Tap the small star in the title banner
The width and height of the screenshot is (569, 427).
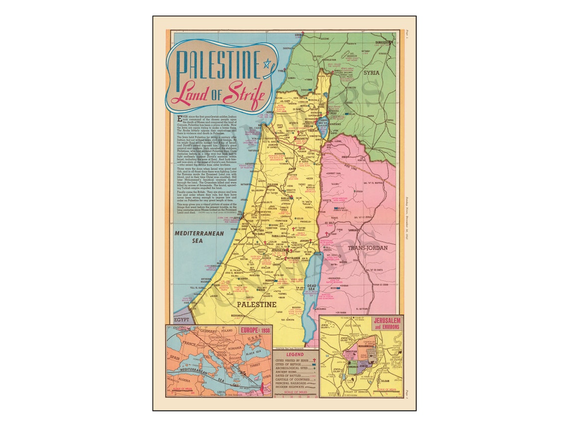[267, 63]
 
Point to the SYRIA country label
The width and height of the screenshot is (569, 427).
[371, 73]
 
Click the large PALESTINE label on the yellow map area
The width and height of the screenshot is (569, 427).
[257, 304]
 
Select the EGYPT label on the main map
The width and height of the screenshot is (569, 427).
[181, 318]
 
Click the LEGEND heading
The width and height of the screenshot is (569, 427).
[294, 354]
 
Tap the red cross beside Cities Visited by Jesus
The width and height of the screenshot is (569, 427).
[314, 360]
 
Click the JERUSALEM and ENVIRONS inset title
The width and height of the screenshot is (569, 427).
[385, 323]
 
